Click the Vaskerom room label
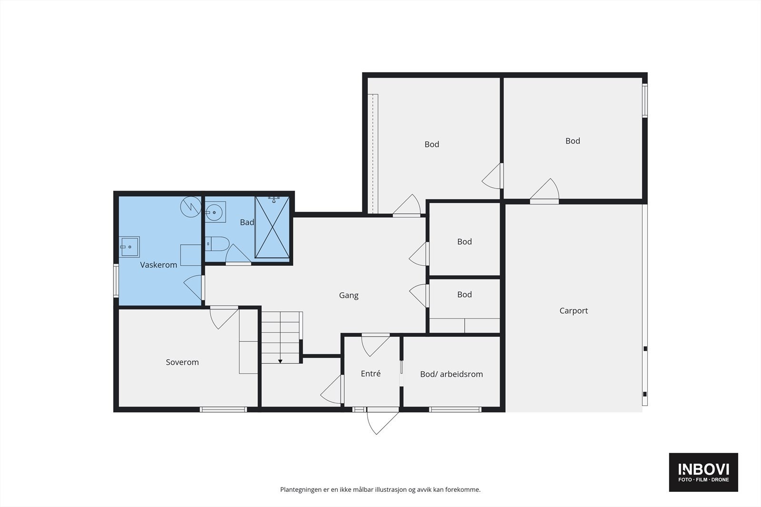tap(159, 265)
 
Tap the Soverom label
tap(182, 362)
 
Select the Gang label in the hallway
tap(349, 295)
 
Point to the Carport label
tap(574, 310)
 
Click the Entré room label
tap(371, 373)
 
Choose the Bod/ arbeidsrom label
tap(451, 374)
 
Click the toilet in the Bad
tap(217, 244)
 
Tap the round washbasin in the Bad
tap(214, 212)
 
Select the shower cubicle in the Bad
tap(272, 228)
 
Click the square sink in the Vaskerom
tap(129, 247)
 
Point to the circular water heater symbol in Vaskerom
tap(191, 207)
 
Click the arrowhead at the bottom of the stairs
tap(280, 362)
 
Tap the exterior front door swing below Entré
tap(382, 423)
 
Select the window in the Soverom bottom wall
tap(223, 410)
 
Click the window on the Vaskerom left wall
tap(116, 281)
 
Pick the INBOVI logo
tap(703, 472)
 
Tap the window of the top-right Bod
tap(645, 100)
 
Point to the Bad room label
tap(247, 222)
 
